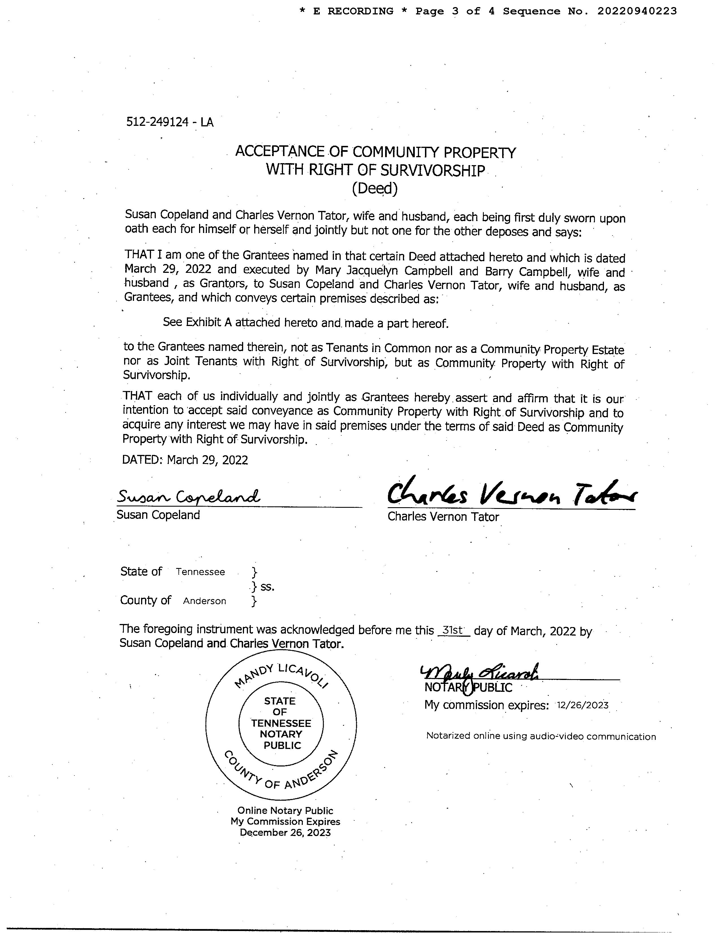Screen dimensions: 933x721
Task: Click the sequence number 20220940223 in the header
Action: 637,12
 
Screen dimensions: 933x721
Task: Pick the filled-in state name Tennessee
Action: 200,572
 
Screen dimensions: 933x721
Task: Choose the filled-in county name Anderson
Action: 205,601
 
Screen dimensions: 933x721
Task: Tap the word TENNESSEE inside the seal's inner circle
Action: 281,723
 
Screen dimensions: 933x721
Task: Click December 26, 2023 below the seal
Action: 285,833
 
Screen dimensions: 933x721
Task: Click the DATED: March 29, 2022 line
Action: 185,460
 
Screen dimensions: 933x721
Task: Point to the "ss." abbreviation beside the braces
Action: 267,587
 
